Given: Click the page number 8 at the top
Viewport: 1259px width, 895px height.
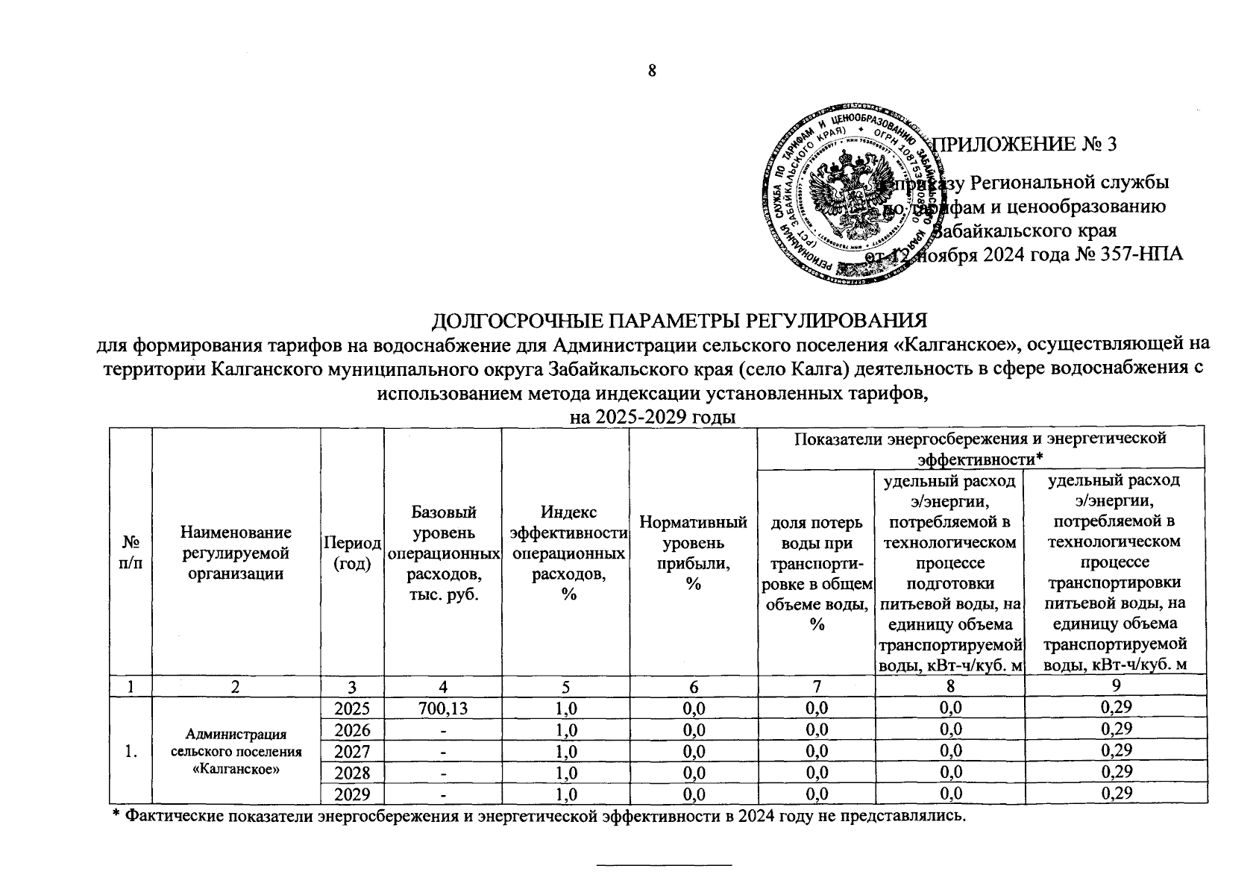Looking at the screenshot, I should (651, 72).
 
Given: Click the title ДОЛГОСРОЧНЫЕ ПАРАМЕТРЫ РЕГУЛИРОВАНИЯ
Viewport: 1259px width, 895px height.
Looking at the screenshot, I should (679, 321).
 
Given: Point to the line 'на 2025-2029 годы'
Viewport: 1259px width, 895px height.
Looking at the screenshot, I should (653, 417).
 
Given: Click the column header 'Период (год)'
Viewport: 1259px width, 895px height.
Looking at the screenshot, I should (352, 553).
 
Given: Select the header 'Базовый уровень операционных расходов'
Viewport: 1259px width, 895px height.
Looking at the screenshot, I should (443, 553).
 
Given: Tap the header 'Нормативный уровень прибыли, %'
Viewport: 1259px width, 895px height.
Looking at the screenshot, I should (693, 553).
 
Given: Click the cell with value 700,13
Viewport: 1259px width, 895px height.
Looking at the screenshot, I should (443, 707).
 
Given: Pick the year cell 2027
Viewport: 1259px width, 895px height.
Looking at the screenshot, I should (352, 750).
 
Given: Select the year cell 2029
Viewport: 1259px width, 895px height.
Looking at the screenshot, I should (352, 793).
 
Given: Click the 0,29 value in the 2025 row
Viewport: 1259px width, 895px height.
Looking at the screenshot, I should (1116, 707).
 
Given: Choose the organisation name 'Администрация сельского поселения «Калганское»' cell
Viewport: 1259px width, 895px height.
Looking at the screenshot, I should (236, 750).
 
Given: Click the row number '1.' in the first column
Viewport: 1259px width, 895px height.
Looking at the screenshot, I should (131, 750).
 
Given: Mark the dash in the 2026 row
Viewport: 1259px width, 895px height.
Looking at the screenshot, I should (443, 729).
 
